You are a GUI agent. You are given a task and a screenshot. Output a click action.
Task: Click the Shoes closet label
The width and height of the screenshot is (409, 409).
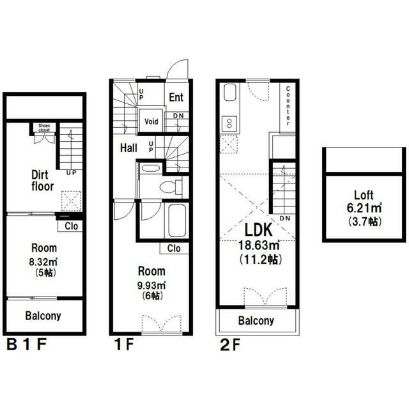pos(44,128)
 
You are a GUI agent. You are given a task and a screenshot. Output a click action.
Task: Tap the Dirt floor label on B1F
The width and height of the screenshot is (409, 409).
pos(42,181)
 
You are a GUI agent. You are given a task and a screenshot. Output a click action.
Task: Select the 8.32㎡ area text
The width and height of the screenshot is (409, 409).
pos(43,261)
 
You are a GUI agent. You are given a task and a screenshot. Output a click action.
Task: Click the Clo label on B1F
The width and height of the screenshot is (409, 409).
pos(71,226)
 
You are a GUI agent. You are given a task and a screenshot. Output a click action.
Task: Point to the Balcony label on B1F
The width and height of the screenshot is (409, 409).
pos(43,316)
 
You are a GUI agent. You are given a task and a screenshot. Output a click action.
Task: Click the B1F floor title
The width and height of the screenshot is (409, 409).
pos(26,344)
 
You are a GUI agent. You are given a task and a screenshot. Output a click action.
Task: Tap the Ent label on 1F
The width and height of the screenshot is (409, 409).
pos(176,97)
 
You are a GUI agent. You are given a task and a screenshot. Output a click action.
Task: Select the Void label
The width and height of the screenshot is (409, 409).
pos(151,121)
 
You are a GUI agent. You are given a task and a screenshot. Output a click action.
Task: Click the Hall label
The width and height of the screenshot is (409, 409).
pos(128,148)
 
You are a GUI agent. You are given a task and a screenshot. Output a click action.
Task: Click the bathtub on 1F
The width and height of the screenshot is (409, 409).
pos(177,221)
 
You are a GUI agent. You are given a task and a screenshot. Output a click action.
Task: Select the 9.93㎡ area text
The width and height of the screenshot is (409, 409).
pos(151,286)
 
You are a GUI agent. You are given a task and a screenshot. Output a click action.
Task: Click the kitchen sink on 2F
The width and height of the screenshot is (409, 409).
pos(230,92)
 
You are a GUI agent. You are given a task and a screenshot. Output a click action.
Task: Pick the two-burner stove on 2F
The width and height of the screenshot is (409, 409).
pos(229,123)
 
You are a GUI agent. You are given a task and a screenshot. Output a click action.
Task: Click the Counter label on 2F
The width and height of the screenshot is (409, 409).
pos(288,106)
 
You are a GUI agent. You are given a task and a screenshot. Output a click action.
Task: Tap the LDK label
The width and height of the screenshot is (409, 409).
pos(258,230)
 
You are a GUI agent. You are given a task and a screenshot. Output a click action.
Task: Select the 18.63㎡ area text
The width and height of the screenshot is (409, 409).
pos(259,245)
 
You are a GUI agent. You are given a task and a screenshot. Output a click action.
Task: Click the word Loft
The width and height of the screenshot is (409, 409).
pos(364,195)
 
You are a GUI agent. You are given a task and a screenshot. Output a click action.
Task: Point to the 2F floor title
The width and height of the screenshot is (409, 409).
pos(230,345)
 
